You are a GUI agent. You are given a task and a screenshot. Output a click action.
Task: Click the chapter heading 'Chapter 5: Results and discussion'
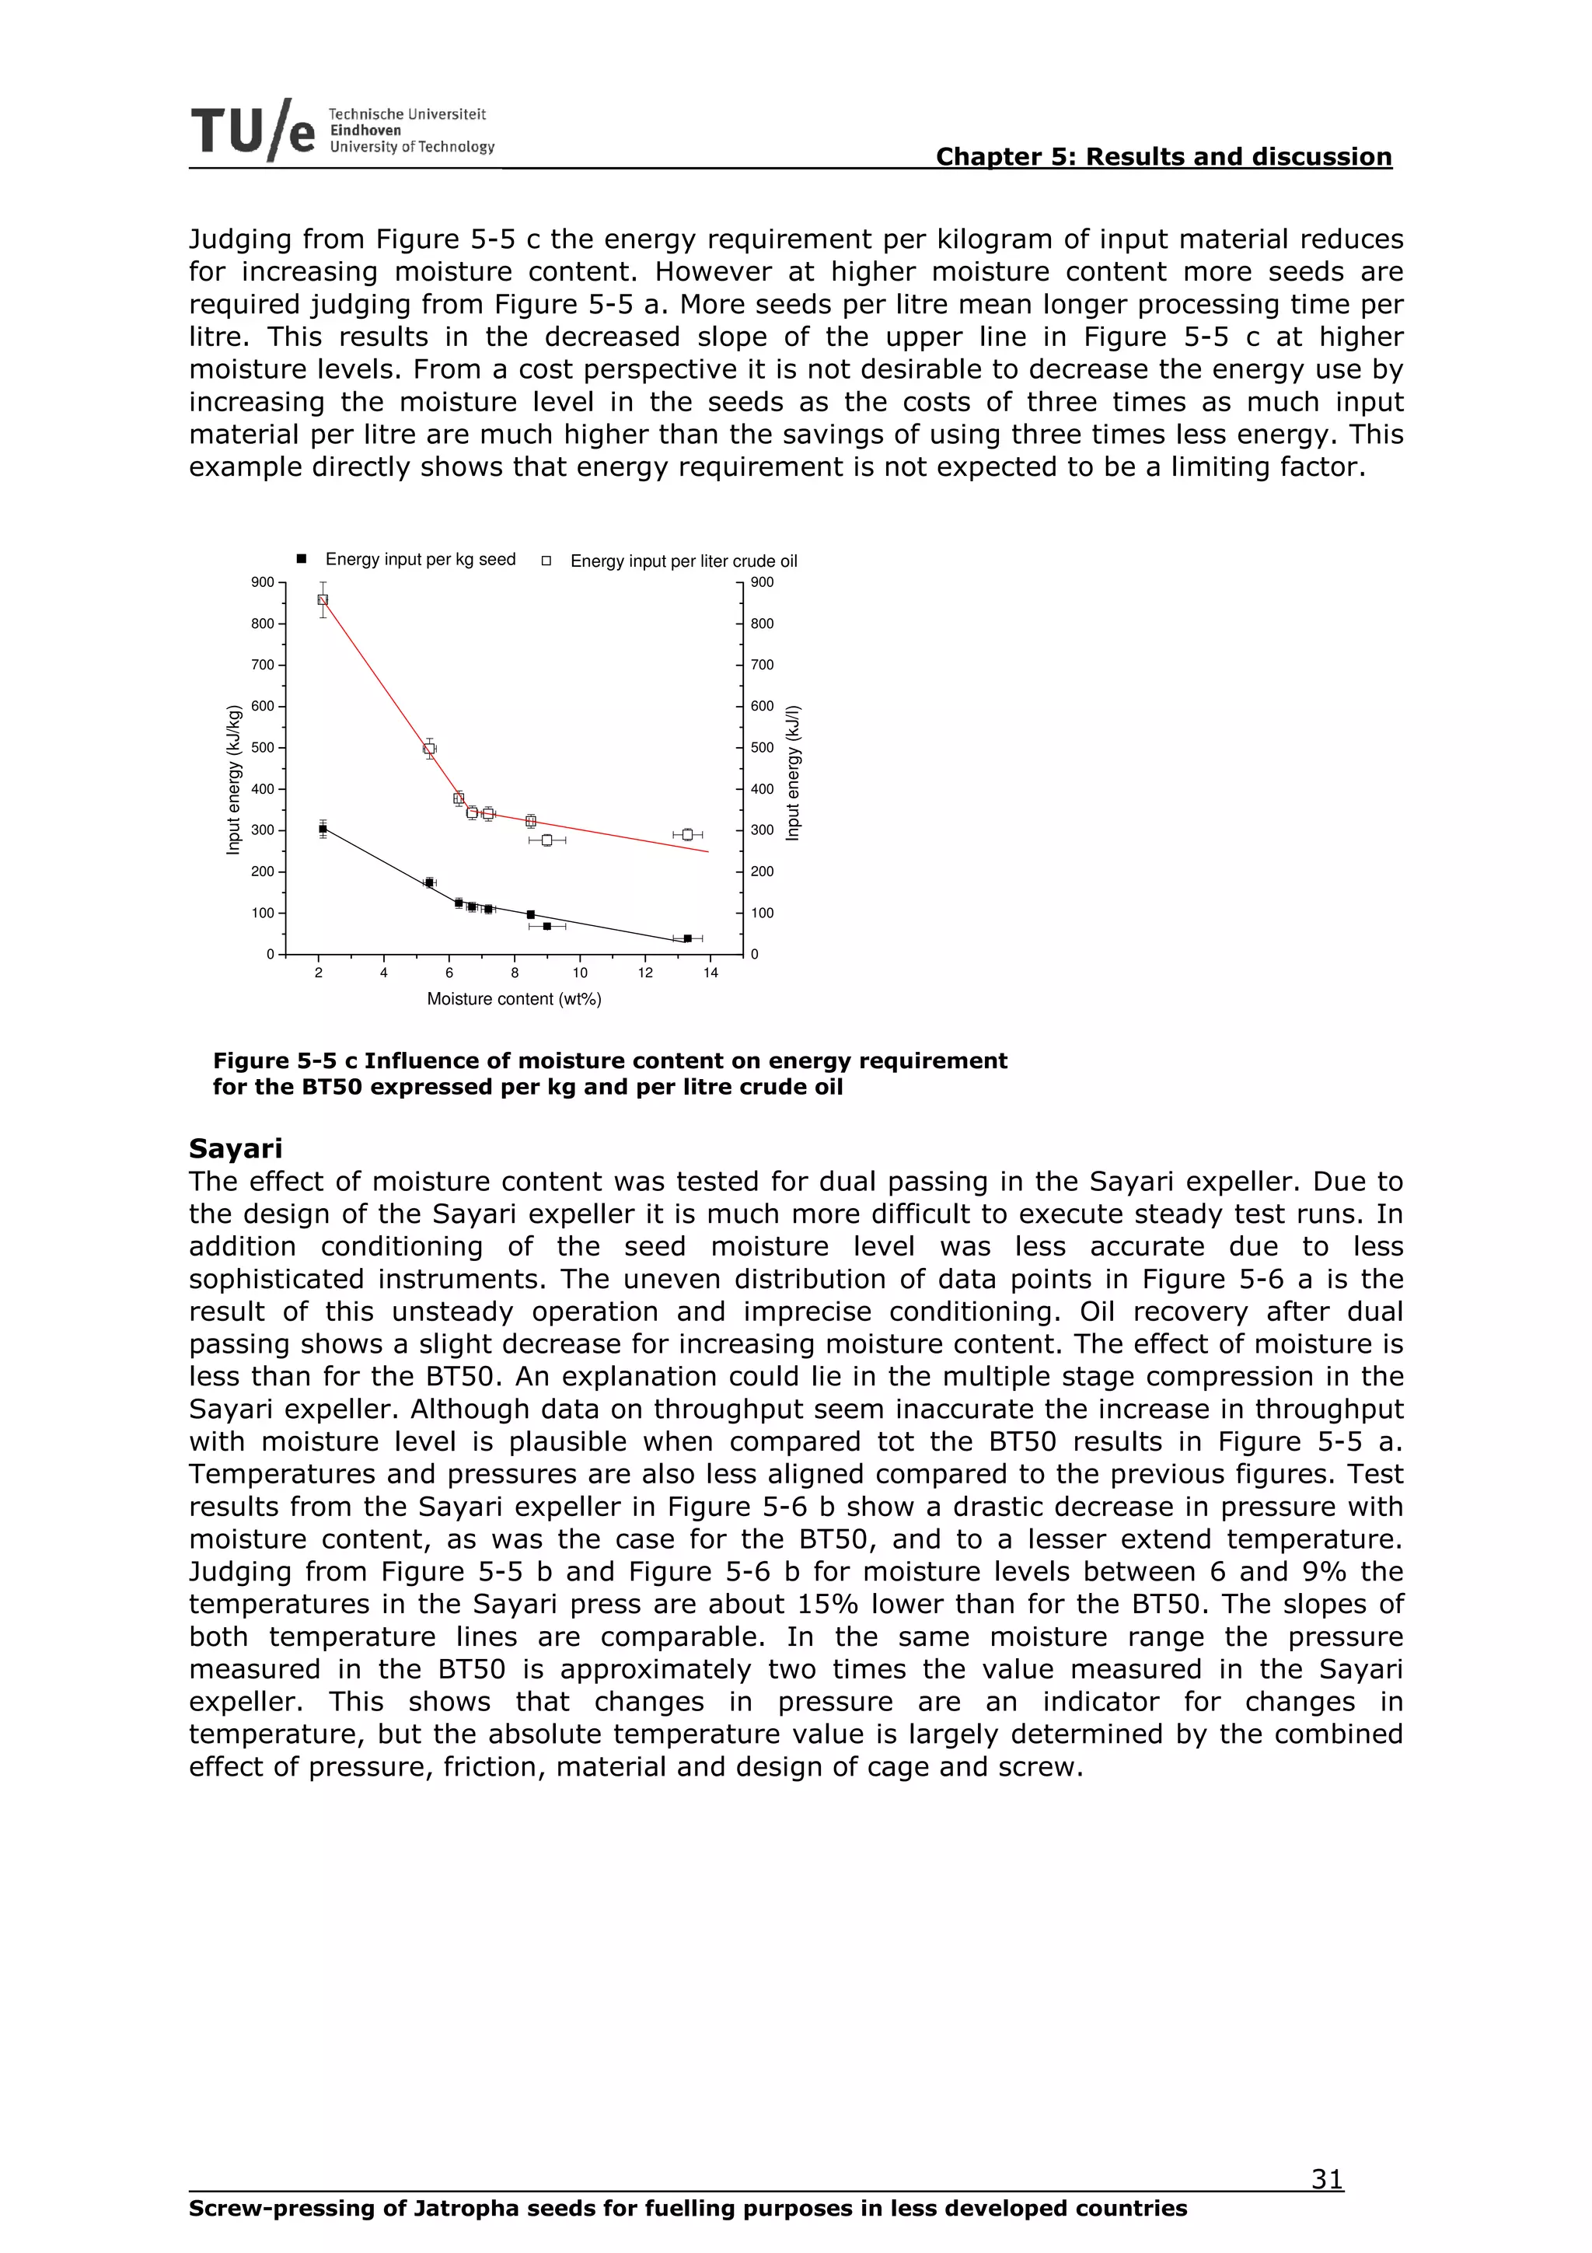click(x=1164, y=157)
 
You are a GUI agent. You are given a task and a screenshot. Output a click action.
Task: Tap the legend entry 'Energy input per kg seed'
click(x=420, y=559)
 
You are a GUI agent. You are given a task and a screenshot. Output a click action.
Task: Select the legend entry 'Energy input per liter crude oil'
click(x=683, y=561)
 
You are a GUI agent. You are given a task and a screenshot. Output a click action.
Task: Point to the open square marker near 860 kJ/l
click(x=323, y=599)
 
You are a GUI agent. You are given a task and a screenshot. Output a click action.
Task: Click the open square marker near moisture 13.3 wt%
click(x=688, y=834)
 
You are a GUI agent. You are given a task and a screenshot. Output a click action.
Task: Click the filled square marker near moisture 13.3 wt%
click(x=688, y=939)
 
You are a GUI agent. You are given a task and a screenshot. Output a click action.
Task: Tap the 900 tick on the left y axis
click(x=262, y=582)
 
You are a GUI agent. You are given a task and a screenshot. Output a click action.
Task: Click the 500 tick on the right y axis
click(x=762, y=748)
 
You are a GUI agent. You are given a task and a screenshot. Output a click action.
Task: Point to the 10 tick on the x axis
click(x=580, y=973)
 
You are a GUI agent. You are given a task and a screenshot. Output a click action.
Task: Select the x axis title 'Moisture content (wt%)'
click(x=514, y=999)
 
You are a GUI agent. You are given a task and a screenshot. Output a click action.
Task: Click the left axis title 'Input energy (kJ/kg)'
click(x=233, y=779)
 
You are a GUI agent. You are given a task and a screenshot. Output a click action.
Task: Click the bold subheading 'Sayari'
click(x=236, y=1148)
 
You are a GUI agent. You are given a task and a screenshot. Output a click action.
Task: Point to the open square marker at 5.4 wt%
click(x=428, y=749)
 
